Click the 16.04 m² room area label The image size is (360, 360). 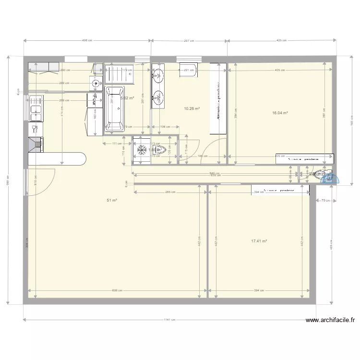coord(280,113)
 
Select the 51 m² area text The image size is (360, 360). coord(115,201)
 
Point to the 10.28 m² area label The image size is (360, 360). coord(192,108)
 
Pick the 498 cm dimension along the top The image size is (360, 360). coord(87,41)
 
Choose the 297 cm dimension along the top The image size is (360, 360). coord(189,41)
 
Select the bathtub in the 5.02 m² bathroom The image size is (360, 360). coord(114,109)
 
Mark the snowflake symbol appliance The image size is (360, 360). coord(142,150)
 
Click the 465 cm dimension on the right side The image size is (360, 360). coord(332,247)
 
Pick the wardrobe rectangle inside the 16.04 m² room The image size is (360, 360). coord(305,158)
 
